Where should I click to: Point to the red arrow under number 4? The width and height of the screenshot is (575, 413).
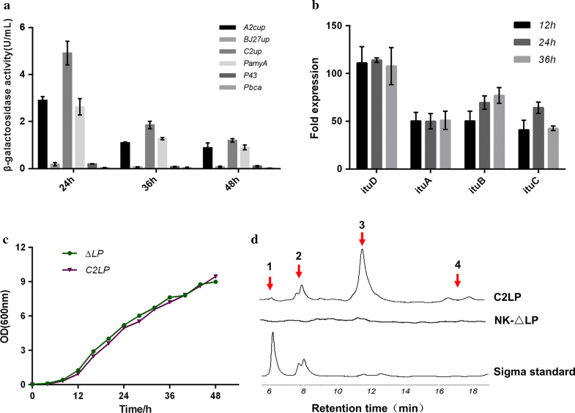(457, 280)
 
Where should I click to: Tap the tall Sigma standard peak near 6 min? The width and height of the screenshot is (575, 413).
(273, 335)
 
